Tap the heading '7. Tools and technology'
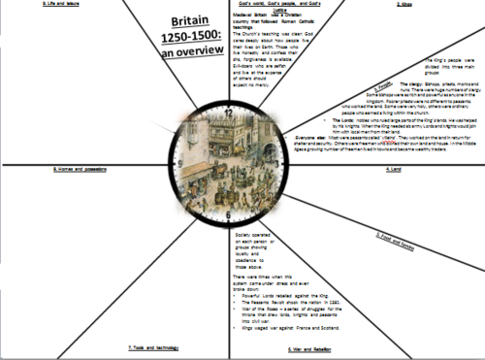(149, 347)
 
